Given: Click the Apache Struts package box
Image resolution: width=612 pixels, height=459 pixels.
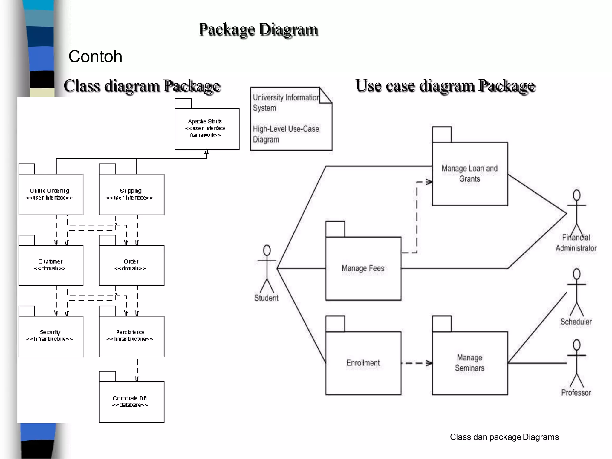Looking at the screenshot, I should click(x=207, y=128).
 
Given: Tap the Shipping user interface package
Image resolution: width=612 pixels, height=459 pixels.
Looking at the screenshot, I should click(x=131, y=194).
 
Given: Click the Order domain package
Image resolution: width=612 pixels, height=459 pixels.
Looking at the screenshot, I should click(x=131, y=265).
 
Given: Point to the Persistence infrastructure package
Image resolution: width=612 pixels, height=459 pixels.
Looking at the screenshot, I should click(x=131, y=336).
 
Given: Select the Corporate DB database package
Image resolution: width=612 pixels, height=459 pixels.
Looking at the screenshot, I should click(x=131, y=401).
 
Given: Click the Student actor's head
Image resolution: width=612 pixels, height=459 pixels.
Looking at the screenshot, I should click(x=267, y=250).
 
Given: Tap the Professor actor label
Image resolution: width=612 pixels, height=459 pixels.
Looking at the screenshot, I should click(x=576, y=393).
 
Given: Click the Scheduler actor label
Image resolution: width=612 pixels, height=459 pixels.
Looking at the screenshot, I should click(x=576, y=322).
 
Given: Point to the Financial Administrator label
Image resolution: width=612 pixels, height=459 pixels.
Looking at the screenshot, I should click(x=576, y=243).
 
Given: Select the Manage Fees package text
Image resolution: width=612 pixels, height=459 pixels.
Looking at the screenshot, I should click(x=363, y=268).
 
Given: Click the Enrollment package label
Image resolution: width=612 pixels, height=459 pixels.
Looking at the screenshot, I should click(x=363, y=363).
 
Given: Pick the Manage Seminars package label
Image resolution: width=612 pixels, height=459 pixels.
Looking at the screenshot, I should click(x=469, y=363).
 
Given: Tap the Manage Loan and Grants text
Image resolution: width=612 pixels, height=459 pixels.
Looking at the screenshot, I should click(x=469, y=174).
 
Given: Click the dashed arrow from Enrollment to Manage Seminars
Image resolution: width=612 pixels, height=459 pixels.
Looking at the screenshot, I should click(x=416, y=363).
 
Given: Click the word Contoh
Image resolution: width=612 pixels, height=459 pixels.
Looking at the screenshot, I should click(x=95, y=56).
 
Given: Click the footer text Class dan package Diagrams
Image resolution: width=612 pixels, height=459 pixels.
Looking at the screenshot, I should click(x=504, y=437).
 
